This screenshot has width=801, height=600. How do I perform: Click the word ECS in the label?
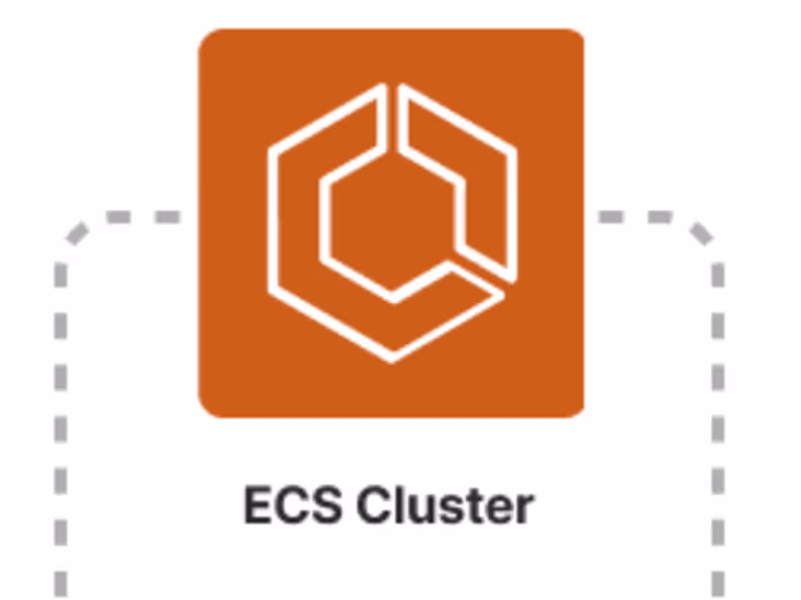click(x=292, y=505)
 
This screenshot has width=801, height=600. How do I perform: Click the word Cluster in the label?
click(x=446, y=505)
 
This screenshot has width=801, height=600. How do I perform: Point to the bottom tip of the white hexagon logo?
click(x=392, y=359)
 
